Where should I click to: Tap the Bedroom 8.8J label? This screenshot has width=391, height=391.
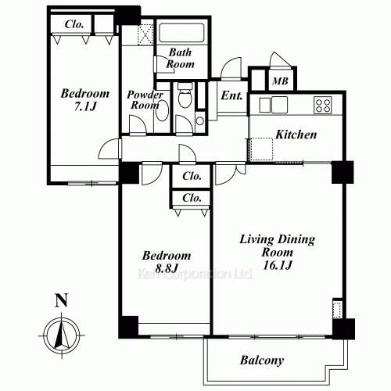[x=166, y=262]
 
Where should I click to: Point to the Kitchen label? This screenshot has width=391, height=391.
[x=296, y=135]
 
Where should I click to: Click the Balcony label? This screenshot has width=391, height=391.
[x=262, y=361]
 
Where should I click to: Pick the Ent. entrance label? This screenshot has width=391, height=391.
[x=232, y=97]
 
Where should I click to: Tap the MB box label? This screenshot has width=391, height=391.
[x=279, y=80]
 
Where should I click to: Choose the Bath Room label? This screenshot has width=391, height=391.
[x=181, y=59]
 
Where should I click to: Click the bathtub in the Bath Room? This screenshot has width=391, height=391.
[x=181, y=35]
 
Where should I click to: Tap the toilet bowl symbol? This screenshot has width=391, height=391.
[x=184, y=99]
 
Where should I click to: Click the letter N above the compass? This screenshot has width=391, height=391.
[x=59, y=300]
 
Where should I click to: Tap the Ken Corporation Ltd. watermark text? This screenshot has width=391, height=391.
[x=193, y=274]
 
